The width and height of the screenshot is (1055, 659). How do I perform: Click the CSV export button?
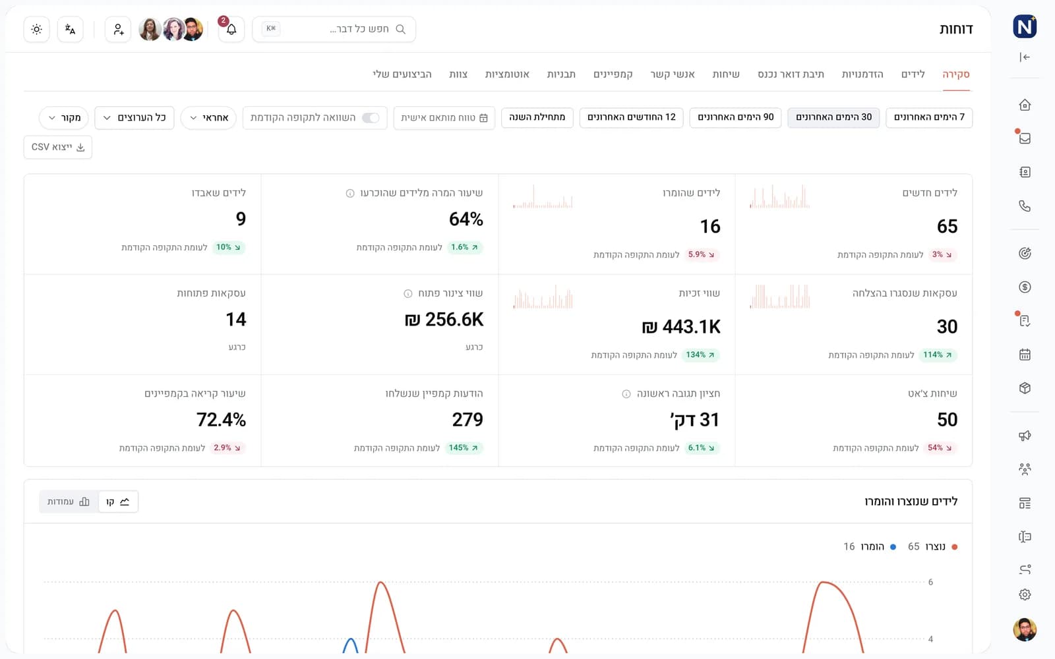58,148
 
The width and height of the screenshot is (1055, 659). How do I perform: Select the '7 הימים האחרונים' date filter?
929,117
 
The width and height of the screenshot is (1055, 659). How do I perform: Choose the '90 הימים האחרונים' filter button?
735,117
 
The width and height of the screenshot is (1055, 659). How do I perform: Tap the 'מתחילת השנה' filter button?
537,117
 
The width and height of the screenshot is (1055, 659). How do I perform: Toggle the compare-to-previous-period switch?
370,118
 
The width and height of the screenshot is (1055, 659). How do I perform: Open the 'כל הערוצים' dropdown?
135,118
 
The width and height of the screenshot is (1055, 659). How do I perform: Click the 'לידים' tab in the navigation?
913,74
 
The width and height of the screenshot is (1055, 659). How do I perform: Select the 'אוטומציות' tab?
507,74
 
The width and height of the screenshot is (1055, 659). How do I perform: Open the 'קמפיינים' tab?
613,74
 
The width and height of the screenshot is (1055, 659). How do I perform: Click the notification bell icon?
231,30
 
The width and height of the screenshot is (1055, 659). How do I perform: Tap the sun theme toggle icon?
37,29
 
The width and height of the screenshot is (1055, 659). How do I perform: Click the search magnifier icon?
400,29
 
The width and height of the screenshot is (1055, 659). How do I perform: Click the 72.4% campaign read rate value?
221,419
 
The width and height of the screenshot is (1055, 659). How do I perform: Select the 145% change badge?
464,447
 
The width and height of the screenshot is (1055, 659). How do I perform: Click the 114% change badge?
938,355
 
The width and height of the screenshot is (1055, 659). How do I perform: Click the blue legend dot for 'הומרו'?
893,547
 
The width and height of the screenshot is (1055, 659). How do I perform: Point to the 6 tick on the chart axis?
930,583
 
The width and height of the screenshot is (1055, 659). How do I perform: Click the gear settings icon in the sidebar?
1025,594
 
